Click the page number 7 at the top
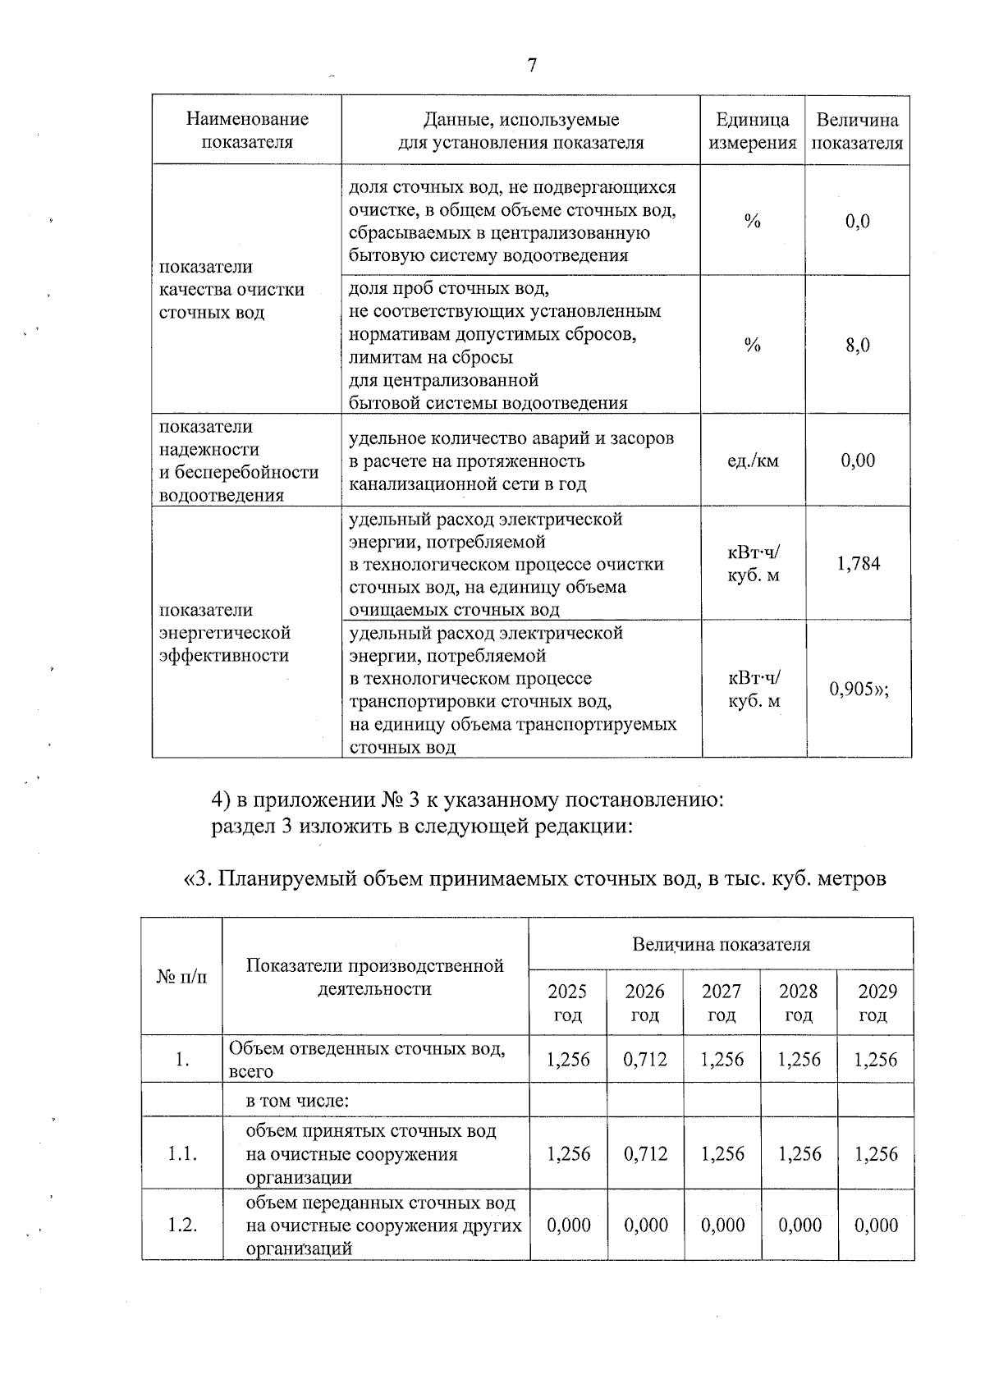532,66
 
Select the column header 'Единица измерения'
752,131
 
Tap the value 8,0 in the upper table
858,346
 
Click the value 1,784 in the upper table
858,564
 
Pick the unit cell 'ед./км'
752,461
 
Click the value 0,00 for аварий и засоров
858,461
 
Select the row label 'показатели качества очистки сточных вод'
231,290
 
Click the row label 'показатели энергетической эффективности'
225,633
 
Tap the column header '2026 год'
644,1002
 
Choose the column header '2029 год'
877,1002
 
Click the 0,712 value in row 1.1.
645,1154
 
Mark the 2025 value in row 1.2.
568,1226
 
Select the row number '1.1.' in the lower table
181,1154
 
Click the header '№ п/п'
181,977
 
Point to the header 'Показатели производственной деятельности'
374,977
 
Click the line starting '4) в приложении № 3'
468,800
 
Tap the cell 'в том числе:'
299,1101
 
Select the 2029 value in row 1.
876,1060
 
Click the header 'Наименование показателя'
247,131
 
